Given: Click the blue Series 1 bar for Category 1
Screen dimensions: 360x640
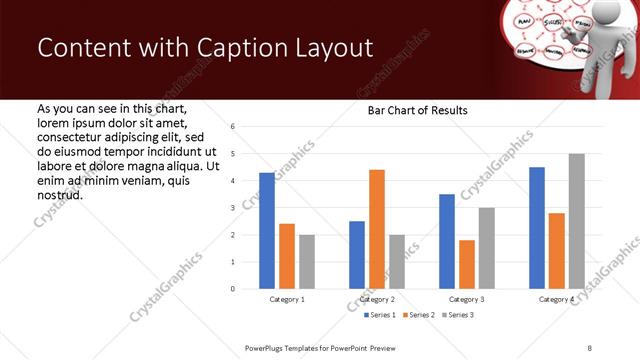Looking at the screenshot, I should (x=266, y=231).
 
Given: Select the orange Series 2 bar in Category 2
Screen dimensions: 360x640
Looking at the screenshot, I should (x=376, y=229).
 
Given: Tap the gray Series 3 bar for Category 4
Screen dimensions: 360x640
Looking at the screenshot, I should (x=576, y=221).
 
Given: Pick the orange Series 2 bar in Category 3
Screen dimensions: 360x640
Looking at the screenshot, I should (x=466, y=264).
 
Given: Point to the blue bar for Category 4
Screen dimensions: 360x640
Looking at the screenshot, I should (x=537, y=228).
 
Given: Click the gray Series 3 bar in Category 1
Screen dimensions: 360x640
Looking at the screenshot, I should (x=306, y=262).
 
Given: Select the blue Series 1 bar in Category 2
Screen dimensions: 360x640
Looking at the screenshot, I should (x=357, y=255).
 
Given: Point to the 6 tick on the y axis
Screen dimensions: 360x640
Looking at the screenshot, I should (x=232, y=127).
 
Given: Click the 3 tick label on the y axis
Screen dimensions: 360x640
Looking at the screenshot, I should (x=232, y=208).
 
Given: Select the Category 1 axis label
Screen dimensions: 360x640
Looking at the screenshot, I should (x=287, y=299).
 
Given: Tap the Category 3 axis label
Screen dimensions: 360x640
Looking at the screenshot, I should (x=467, y=299).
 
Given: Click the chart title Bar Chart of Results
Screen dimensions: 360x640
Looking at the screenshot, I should (x=411, y=110).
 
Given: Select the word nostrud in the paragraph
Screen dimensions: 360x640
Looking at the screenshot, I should (x=59, y=194).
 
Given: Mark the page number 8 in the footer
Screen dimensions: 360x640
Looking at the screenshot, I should (x=589, y=347).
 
